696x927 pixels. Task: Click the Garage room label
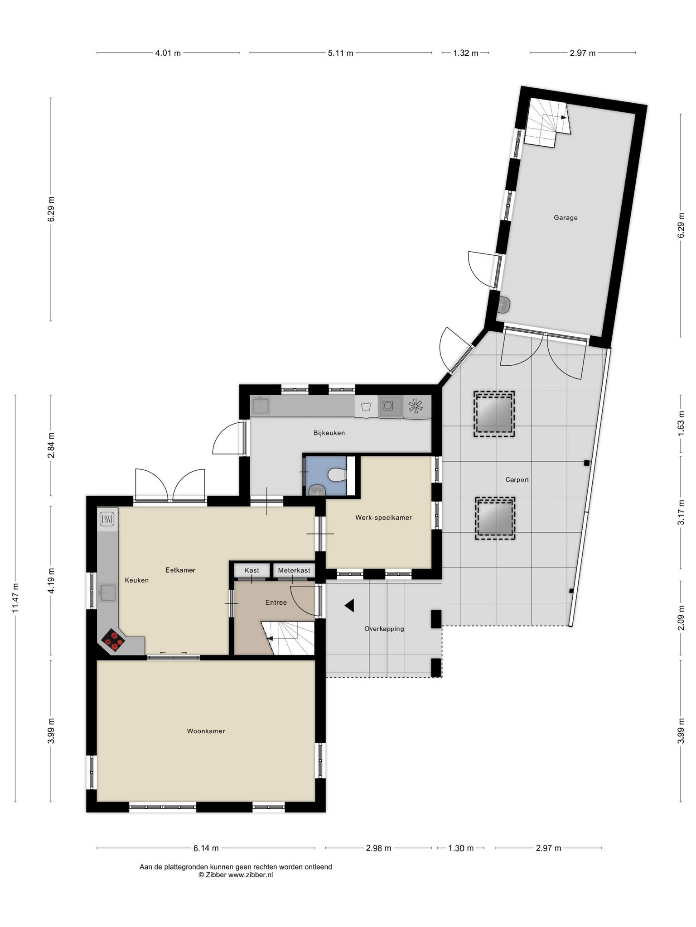[x=565, y=218]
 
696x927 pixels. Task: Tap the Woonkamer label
[x=206, y=731]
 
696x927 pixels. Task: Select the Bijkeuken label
[x=329, y=433]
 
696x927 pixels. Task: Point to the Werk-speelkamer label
[x=383, y=518]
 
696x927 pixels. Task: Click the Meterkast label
[x=294, y=570]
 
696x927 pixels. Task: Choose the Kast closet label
[x=252, y=570]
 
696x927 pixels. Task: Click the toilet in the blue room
[x=337, y=475]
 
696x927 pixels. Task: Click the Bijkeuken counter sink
[x=261, y=406]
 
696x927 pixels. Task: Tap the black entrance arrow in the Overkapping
[x=349, y=605]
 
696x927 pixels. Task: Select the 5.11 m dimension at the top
[x=340, y=53]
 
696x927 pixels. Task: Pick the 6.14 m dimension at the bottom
[x=206, y=848]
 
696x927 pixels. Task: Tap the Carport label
[x=517, y=480]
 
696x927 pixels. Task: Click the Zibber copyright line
[x=236, y=875]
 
